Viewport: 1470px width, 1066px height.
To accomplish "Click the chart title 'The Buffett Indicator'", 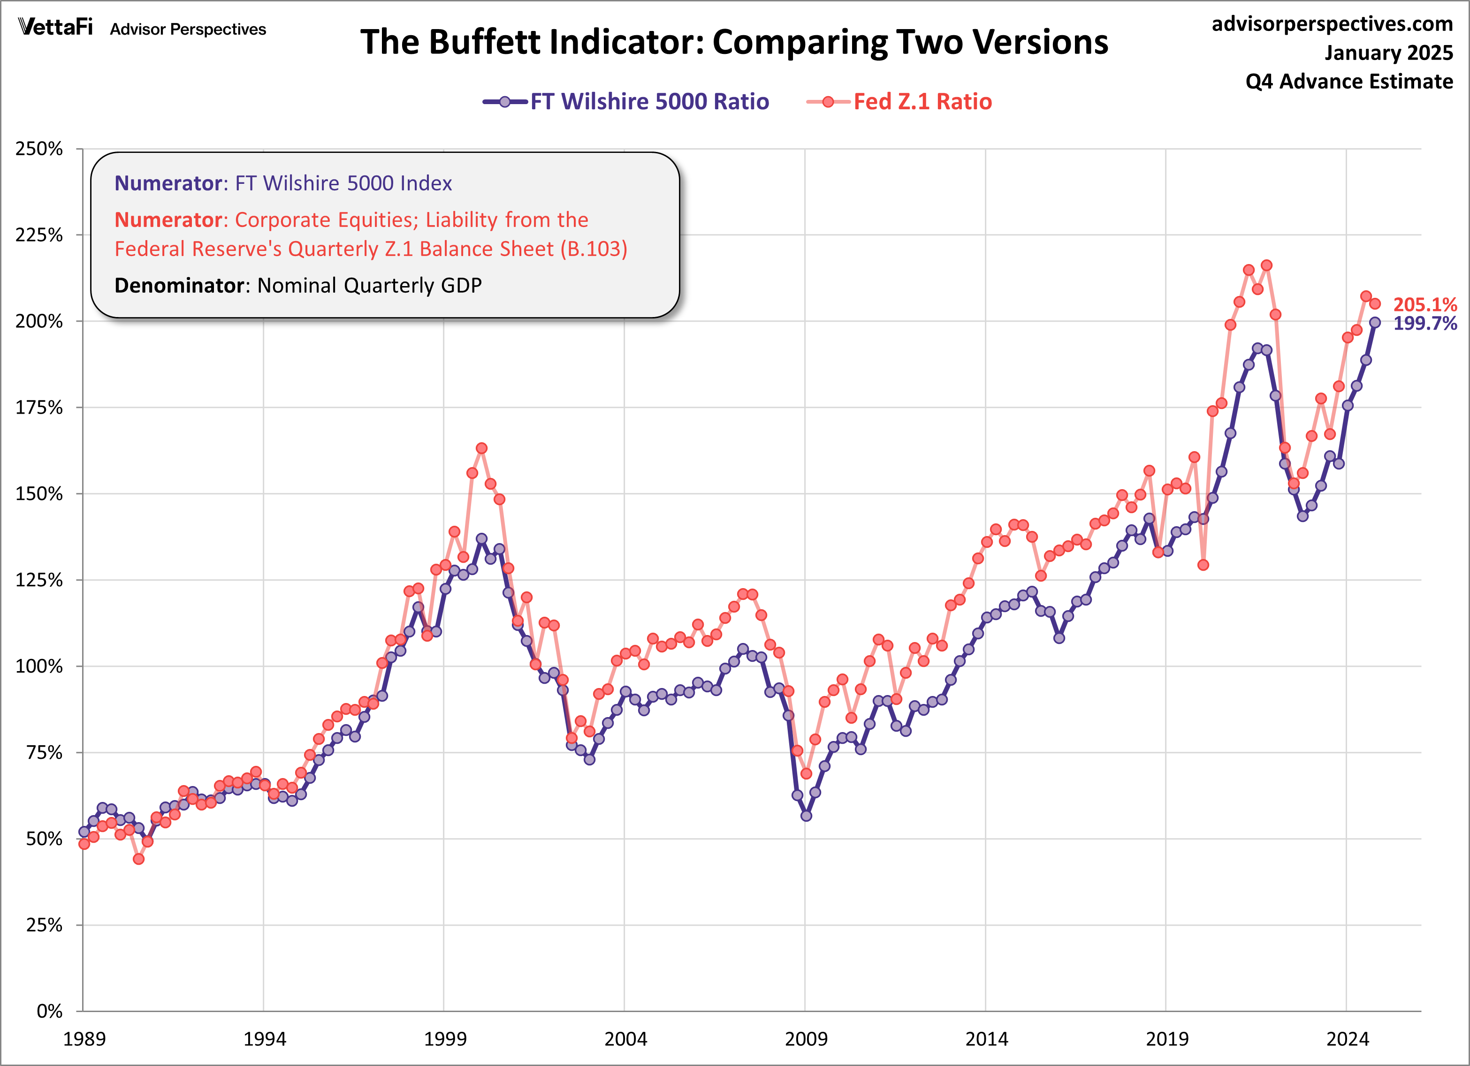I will pos(734,42).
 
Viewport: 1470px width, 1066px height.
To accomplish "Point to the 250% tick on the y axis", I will pos(39,149).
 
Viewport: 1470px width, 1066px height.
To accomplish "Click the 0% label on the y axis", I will pos(49,1011).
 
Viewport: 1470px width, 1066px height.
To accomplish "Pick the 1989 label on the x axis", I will pos(84,1039).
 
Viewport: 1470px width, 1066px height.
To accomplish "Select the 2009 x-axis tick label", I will pos(806,1039).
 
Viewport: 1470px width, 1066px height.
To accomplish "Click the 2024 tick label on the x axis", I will pos(1348,1039).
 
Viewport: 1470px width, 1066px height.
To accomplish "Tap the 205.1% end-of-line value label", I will pos(1424,304).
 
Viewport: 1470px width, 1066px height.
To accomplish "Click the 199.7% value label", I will pos(1424,323).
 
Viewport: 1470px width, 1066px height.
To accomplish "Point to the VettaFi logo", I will pos(56,27).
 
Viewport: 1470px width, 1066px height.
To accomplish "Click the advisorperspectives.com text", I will pos(1332,24).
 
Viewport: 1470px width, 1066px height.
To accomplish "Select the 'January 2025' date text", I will pos(1388,53).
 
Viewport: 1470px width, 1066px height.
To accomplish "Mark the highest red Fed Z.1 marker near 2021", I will pos(1266,266).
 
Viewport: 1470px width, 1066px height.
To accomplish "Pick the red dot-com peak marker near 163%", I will pos(481,448).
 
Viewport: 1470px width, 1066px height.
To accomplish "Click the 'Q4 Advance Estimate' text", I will pos(1349,82).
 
